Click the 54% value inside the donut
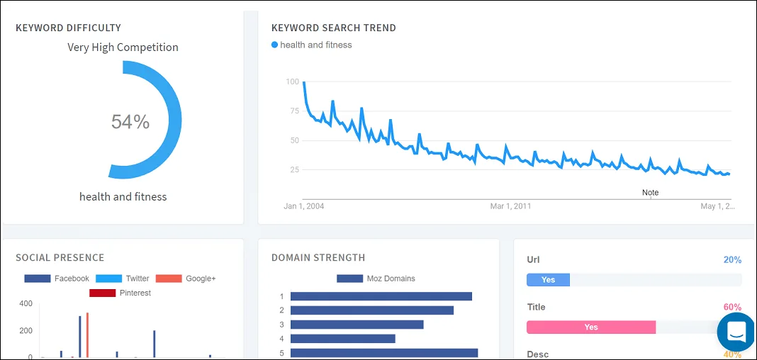130,122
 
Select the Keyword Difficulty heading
68,28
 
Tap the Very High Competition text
123,47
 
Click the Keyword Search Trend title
333,28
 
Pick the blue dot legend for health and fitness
275,45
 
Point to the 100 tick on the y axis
292,81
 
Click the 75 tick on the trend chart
293,111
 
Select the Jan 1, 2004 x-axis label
303,206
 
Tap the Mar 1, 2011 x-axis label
510,206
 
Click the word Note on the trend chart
650,193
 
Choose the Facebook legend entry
57,279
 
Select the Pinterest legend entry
120,293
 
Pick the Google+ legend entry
185,279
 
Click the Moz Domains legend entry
376,279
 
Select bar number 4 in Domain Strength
342,339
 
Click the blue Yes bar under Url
548,280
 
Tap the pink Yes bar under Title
590,327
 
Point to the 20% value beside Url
732,260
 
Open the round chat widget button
736,331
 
